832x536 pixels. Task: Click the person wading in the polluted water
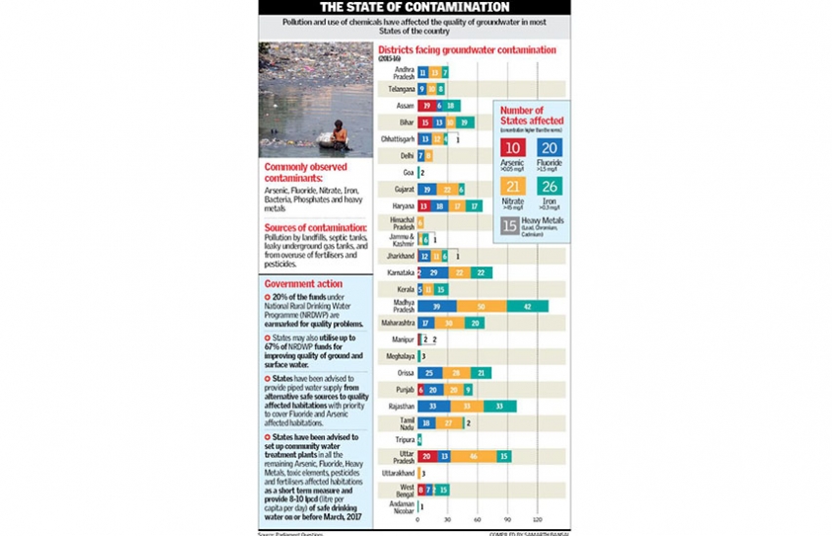tap(339, 134)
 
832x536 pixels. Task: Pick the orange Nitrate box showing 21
tap(512, 186)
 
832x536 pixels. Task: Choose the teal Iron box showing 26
tap(548, 186)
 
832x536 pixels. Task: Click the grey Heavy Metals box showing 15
tap(509, 225)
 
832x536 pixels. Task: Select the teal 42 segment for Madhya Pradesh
tap(528, 306)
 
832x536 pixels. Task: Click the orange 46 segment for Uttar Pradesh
tap(474, 456)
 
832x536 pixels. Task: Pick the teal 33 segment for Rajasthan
tap(499, 406)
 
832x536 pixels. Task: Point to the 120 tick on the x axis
tap(538, 519)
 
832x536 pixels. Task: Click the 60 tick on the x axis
tap(478, 519)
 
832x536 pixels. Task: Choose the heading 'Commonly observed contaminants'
tap(302, 172)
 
